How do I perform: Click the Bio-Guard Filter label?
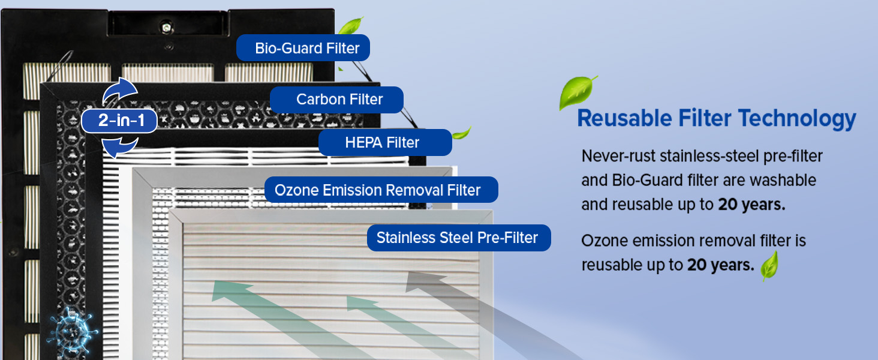(303, 48)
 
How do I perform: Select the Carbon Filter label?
(336, 100)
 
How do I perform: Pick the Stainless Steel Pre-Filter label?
(458, 238)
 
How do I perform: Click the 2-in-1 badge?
(120, 121)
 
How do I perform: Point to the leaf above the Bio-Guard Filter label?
(350, 26)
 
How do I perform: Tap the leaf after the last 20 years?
(769, 266)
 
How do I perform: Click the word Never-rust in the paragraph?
(618, 156)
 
